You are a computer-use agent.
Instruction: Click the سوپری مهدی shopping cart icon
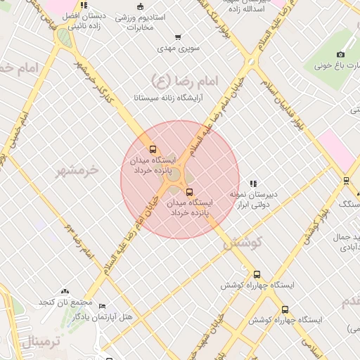coord(178,37)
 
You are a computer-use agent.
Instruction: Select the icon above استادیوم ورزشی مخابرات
coord(141,6)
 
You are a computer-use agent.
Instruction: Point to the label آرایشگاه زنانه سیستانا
coord(172,98)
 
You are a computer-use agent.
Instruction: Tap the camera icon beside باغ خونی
coord(341,54)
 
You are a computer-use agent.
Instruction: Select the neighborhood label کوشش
coord(243,243)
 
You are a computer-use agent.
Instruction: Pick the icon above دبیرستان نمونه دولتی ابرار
coord(253,184)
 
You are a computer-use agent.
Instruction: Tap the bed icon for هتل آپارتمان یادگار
coord(102,307)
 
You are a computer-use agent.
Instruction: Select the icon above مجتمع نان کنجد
coord(65,290)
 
